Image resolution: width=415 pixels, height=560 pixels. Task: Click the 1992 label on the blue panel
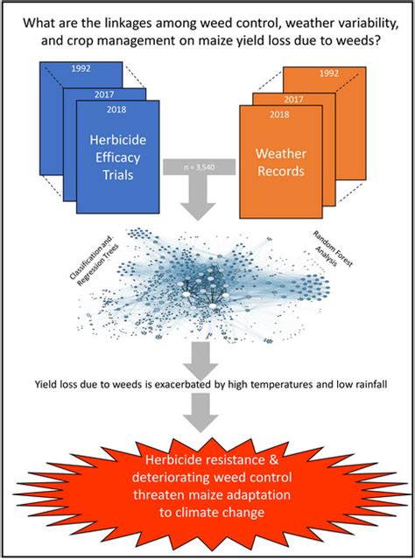pyautogui.click(x=81, y=68)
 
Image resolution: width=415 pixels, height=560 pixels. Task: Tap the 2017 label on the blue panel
pyautogui.click(x=104, y=94)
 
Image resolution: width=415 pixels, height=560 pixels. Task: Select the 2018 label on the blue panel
pyautogui.click(x=116, y=109)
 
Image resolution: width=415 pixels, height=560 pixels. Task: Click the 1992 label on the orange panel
pyautogui.click(x=329, y=73)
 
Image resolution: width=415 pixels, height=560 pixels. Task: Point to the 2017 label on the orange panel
pyautogui.click(x=294, y=99)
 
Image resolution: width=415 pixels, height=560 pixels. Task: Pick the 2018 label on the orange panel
pyautogui.click(x=279, y=115)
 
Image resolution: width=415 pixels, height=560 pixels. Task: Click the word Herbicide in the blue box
pyautogui.click(x=117, y=140)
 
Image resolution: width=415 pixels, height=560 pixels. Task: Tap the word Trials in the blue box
pyautogui.click(x=118, y=175)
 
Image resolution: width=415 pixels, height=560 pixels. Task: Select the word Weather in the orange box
pyautogui.click(x=281, y=154)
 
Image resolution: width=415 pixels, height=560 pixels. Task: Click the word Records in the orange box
pyautogui.click(x=281, y=171)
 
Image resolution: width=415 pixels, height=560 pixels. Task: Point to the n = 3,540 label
pyautogui.click(x=200, y=167)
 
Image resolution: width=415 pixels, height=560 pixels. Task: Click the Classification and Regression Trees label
pyautogui.click(x=94, y=261)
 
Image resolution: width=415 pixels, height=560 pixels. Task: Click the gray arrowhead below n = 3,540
pyautogui.click(x=198, y=212)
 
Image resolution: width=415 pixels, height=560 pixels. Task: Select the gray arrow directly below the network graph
pyautogui.click(x=200, y=360)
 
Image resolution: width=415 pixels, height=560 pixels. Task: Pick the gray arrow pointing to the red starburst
pyautogui.click(x=200, y=412)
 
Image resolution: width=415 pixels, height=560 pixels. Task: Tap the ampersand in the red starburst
pyautogui.click(x=273, y=459)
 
